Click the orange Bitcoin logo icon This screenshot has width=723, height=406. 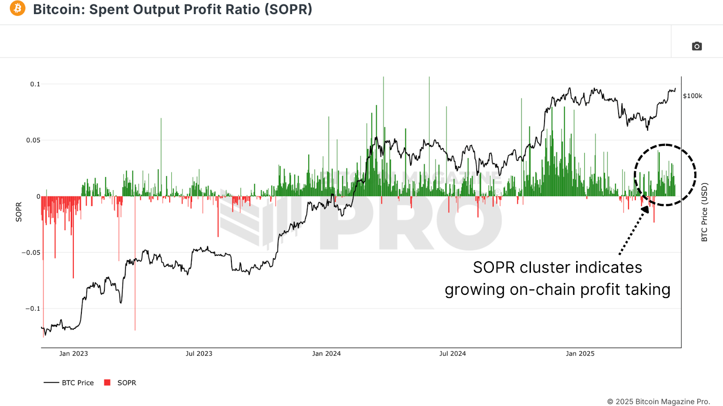coord(18,8)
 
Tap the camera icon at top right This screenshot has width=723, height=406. coord(697,46)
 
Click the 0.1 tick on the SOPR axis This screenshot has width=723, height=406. coord(35,84)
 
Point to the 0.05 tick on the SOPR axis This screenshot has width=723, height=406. coord(33,140)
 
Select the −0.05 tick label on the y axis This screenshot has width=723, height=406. coord(31,252)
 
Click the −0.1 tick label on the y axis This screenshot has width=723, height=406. coord(33,308)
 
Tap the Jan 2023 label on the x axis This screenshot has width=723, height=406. coord(74,354)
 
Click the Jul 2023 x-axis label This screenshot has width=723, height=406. coord(199,354)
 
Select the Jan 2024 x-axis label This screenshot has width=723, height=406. coord(326,354)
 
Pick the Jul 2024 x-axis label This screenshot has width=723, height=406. coord(452,354)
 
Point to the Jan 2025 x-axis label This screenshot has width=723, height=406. coord(580,354)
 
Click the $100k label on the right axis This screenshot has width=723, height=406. coord(692,96)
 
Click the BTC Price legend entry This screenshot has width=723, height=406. coord(78,383)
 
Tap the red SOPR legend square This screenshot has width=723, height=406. coord(107,383)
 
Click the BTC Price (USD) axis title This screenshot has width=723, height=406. coord(704,212)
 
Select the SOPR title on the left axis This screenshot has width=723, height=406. coord(19,212)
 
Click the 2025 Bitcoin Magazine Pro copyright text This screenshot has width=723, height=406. coord(658,401)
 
